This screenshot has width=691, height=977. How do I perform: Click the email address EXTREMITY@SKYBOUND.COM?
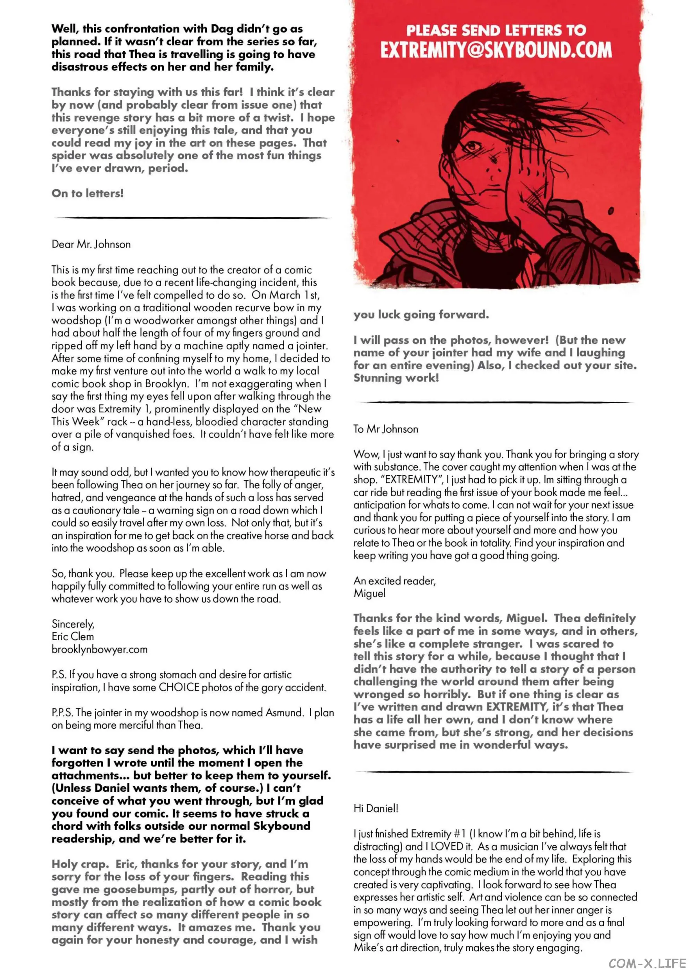click(496, 50)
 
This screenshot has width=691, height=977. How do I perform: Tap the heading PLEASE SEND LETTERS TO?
click(496, 30)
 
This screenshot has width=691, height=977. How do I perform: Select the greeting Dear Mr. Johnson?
click(91, 244)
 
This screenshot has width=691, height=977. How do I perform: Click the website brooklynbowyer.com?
click(100, 650)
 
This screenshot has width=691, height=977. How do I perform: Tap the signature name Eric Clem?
click(73, 637)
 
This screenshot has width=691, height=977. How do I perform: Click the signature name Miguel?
click(369, 593)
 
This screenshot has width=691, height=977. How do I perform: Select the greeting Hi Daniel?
click(376, 808)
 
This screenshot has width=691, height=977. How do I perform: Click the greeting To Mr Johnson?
click(385, 429)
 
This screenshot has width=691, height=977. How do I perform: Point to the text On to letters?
click(88, 193)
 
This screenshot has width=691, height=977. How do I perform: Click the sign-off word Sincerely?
click(73, 624)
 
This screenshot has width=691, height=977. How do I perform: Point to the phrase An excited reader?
click(394, 581)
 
